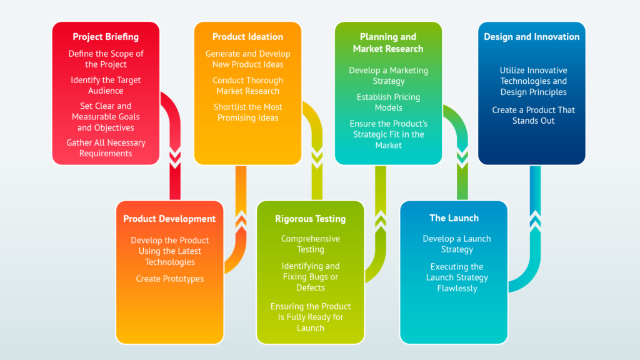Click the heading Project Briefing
[x=106, y=37]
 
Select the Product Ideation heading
[x=247, y=37]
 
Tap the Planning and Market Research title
[x=388, y=42]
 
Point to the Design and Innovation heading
[x=531, y=37]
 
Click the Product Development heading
[x=169, y=219]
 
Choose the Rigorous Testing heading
[x=310, y=219]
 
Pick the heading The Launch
[x=454, y=218]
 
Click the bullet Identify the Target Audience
[x=106, y=86]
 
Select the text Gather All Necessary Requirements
[x=106, y=148]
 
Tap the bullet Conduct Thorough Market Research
[x=247, y=86]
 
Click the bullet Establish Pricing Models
[x=388, y=102]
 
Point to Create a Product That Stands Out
[x=533, y=115]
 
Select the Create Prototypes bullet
[x=170, y=279]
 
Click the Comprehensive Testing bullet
[x=310, y=244]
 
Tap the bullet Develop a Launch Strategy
[x=457, y=244]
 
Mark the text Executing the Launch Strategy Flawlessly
[x=457, y=277]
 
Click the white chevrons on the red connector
[x=175, y=158]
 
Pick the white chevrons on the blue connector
[x=535, y=220]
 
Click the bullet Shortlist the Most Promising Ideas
[x=247, y=112]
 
